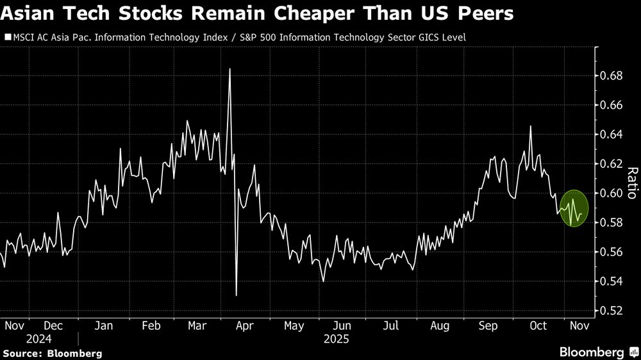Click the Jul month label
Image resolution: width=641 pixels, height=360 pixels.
coord(392,325)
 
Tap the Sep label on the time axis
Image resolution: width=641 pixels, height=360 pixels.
coord(488,325)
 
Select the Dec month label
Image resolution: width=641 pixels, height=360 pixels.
coord(54,325)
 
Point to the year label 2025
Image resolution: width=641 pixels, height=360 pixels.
coord(337,338)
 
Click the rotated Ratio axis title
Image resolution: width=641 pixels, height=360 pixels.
coord(631,183)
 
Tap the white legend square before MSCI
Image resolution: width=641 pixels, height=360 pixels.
coord(7,37)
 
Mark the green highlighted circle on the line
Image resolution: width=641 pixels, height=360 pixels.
coord(574,208)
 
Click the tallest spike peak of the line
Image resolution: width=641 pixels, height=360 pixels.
coord(229,69)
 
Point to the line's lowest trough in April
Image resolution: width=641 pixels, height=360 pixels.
coord(237,295)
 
